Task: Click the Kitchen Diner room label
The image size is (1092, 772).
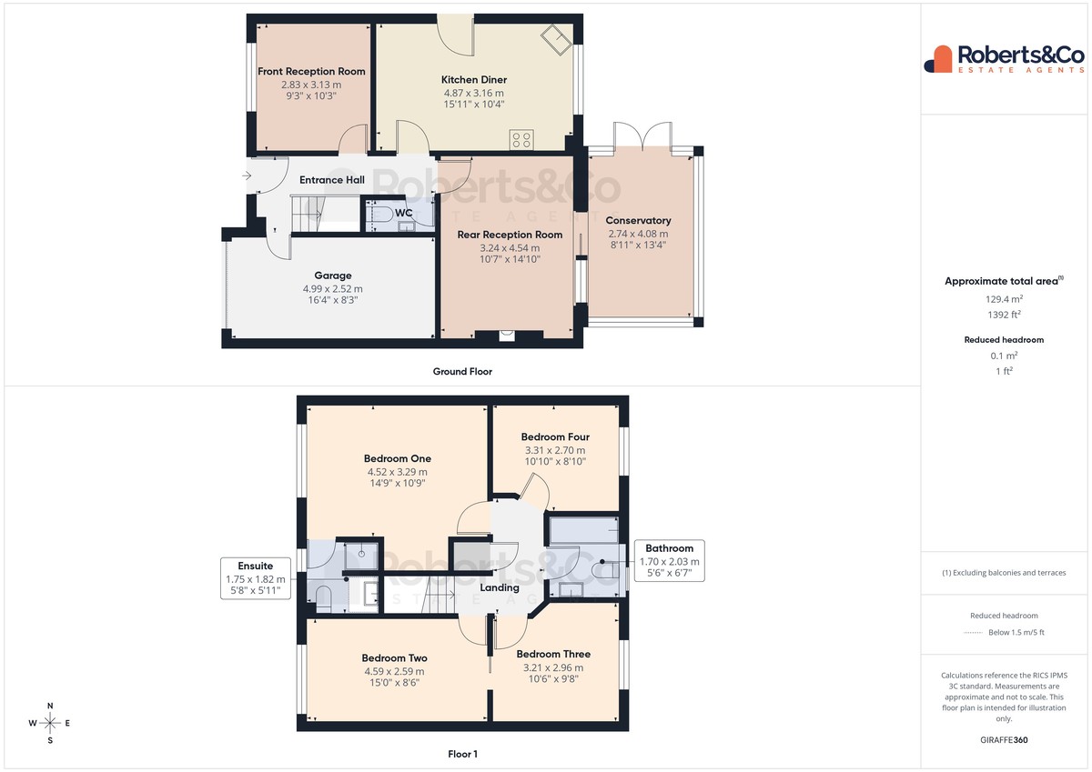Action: (x=474, y=79)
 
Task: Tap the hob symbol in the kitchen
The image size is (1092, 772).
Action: (x=521, y=140)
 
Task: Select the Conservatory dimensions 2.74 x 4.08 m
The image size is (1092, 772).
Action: (x=638, y=234)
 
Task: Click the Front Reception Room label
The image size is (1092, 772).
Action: (x=311, y=71)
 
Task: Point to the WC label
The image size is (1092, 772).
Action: (x=404, y=213)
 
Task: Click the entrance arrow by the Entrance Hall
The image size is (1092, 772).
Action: (x=247, y=175)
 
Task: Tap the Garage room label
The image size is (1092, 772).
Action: (x=332, y=276)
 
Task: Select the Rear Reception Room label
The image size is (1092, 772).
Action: (x=510, y=235)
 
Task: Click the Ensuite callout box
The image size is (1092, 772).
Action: (x=256, y=578)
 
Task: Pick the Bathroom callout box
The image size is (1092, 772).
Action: (x=670, y=561)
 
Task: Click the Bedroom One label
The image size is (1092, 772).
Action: (x=398, y=458)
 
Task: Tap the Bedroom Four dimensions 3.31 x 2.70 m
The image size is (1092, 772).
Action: (x=555, y=450)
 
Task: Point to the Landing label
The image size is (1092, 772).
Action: (x=500, y=588)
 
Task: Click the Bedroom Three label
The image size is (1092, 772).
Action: (x=553, y=654)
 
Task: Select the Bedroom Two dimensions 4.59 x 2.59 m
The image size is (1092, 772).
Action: (x=394, y=672)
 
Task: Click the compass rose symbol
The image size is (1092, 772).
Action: (x=50, y=723)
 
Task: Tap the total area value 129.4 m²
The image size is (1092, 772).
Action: (x=1005, y=299)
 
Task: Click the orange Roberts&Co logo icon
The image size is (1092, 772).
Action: (x=938, y=59)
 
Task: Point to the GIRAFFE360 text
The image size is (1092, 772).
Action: (x=1004, y=740)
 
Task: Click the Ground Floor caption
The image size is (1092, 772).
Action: (x=462, y=372)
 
